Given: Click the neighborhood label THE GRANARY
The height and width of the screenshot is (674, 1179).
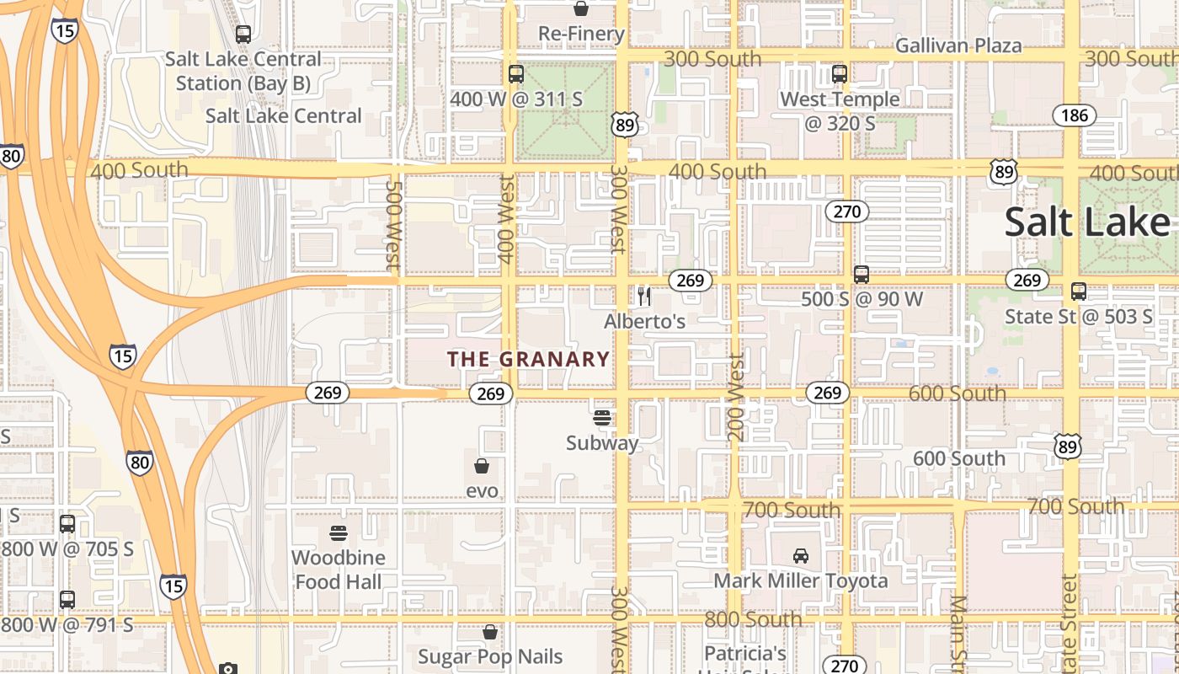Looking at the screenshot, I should pyautogui.click(x=528, y=359).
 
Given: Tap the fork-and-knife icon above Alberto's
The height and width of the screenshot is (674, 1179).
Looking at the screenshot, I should pyautogui.click(x=644, y=296).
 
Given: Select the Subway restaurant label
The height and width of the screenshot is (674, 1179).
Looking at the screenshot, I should pyautogui.click(x=602, y=443).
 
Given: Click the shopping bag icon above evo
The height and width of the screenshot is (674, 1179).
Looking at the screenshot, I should pyautogui.click(x=482, y=466).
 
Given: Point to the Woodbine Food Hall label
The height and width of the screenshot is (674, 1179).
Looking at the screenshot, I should pyautogui.click(x=338, y=570).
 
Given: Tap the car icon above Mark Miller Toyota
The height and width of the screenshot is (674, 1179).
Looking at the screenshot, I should pyautogui.click(x=800, y=556).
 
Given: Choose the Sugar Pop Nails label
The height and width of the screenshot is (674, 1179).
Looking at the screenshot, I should pyautogui.click(x=490, y=656).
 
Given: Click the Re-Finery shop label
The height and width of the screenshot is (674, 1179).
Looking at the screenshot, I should pyautogui.click(x=581, y=35).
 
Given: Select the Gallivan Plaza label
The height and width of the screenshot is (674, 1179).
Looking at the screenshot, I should pyautogui.click(x=958, y=45).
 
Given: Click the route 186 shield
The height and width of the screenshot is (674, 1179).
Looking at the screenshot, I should pyautogui.click(x=1075, y=115).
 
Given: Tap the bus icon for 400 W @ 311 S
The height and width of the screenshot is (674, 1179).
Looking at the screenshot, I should pyautogui.click(x=516, y=74).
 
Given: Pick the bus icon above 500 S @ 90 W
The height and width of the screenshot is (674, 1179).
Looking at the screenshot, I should pyautogui.click(x=861, y=275).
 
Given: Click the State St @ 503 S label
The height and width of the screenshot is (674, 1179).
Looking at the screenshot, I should pyautogui.click(x=1079, y=317).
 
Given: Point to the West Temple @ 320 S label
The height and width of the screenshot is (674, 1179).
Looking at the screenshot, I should pyautogui.click(x=840, y=111).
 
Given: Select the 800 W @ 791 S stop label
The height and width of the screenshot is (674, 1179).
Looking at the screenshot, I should pyautogui.click(x=67, y=625).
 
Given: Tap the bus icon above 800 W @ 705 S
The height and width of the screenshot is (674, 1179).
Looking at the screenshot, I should pyautogui.click(x=67, y=523).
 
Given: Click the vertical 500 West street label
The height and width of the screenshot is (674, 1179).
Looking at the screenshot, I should pyautogui.click(x=392, y=222).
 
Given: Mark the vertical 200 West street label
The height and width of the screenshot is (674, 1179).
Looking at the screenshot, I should pyautogui.click(x=735, y=397).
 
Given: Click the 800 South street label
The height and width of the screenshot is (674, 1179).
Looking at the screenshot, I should pyautogui.click(x=753, y=619).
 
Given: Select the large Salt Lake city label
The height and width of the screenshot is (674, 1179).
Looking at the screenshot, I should pyautogui.click(x=1087, y=222).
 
